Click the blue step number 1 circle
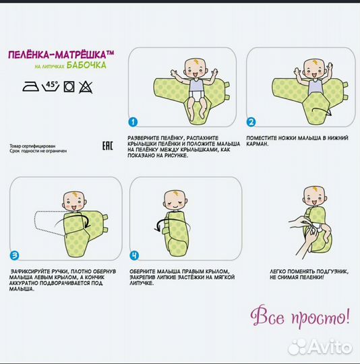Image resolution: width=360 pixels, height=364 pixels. click(x=133, y=122)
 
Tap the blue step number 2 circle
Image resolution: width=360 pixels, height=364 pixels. click(x=251, y=122)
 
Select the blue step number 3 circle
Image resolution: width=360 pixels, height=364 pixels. click(x=14, y=255)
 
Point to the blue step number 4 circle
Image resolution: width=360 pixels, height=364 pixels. click(x=134, y=255)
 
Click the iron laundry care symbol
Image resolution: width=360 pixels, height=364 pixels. click(x=30, y=86)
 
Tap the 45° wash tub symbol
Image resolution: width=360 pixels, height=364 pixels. click(x=51, y=86)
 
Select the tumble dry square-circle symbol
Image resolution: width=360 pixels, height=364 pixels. click(x=69, y=87)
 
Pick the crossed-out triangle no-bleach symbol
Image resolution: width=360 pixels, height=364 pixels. click(x=86, y=87)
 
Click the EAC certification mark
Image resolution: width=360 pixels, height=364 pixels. click(x=108, y=146)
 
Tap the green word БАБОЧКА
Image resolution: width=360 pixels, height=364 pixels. click(x=86, y=65)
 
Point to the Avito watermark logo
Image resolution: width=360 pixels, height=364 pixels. click(x=320, y=347)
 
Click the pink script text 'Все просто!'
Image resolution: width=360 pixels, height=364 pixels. click(x=300, y=317)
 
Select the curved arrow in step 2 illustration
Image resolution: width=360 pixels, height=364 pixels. click(x=322, y=111)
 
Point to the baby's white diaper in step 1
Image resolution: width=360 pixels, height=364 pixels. click(x=197, y=94)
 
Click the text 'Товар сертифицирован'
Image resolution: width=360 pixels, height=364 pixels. click(x=32, y=146)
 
